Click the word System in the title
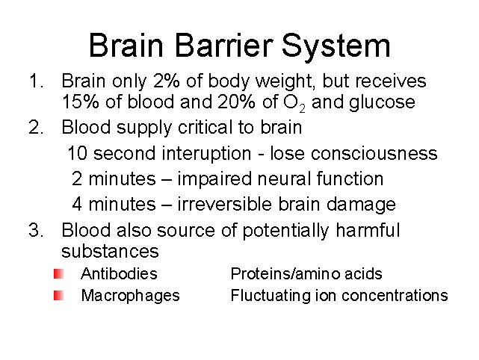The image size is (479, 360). tap(336, 46)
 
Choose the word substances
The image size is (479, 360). tap(110, 250)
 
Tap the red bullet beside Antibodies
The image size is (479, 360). tap(57, 275)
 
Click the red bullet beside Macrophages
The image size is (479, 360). tap(57, 297)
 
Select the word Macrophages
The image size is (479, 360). tap(130, 296)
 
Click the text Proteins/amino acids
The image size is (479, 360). tap(306, 274)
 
